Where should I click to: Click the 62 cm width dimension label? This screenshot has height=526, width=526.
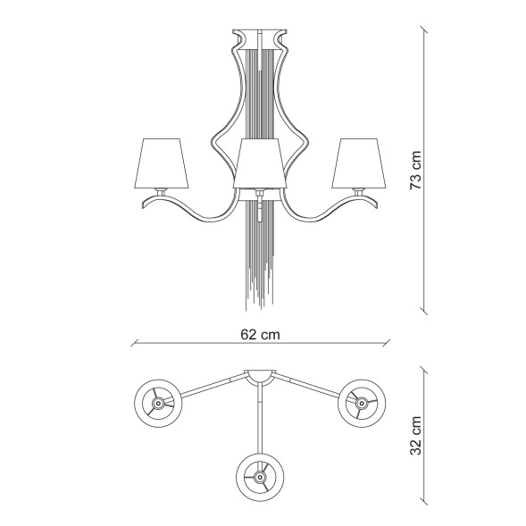point(261,335)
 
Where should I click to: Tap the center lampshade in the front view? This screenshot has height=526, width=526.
point(260,163)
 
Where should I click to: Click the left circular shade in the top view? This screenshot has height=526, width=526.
point(158,404)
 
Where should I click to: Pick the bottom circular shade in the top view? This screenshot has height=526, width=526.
point(260,477)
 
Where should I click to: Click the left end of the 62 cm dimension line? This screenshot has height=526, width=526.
point(132,342)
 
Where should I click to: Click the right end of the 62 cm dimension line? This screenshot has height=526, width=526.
point(388,342)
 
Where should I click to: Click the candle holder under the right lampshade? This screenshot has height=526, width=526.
point(358,191)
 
